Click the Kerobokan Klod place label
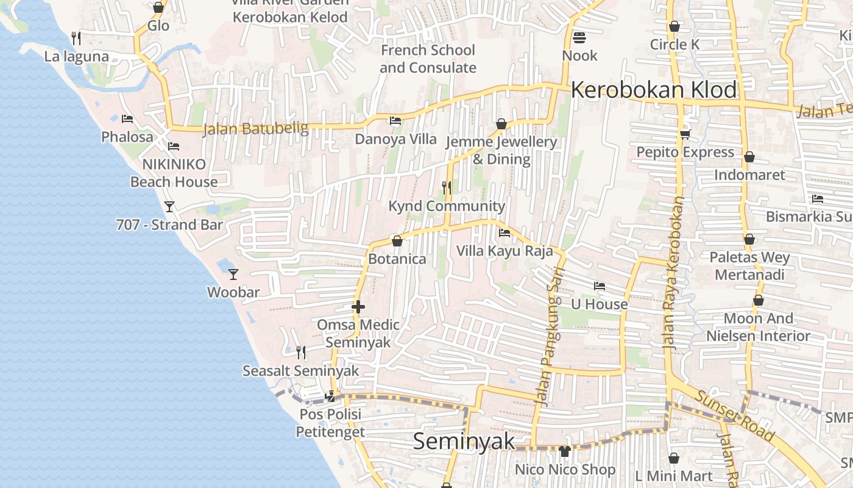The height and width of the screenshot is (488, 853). (654, 90)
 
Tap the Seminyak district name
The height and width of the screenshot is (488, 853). (464, 441)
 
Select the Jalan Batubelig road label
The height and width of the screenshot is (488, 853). (255, 129)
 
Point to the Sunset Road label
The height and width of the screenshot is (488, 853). (735, 417)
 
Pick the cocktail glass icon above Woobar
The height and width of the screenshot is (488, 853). (233, 274)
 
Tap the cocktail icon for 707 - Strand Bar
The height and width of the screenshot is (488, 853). (169, 206)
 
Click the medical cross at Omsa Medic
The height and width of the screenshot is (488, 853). (358, 306)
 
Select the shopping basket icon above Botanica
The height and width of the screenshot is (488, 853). (397, 241)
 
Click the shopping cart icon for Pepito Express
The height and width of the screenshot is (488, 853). (685, 134)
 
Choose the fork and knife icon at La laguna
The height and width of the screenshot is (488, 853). (76, 38)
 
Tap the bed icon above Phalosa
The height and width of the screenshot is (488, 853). (127, 118)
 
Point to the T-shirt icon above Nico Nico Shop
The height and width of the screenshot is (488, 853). (565, 451)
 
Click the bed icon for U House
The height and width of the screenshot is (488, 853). (600, 285)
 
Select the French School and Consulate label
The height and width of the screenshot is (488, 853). (428, 59)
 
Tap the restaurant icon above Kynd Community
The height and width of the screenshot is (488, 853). (447, 187)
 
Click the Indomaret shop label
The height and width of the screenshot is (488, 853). (749, 175)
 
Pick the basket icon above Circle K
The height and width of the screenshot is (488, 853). (674, 26)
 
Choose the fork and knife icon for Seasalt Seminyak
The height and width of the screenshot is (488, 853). (301, 352)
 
